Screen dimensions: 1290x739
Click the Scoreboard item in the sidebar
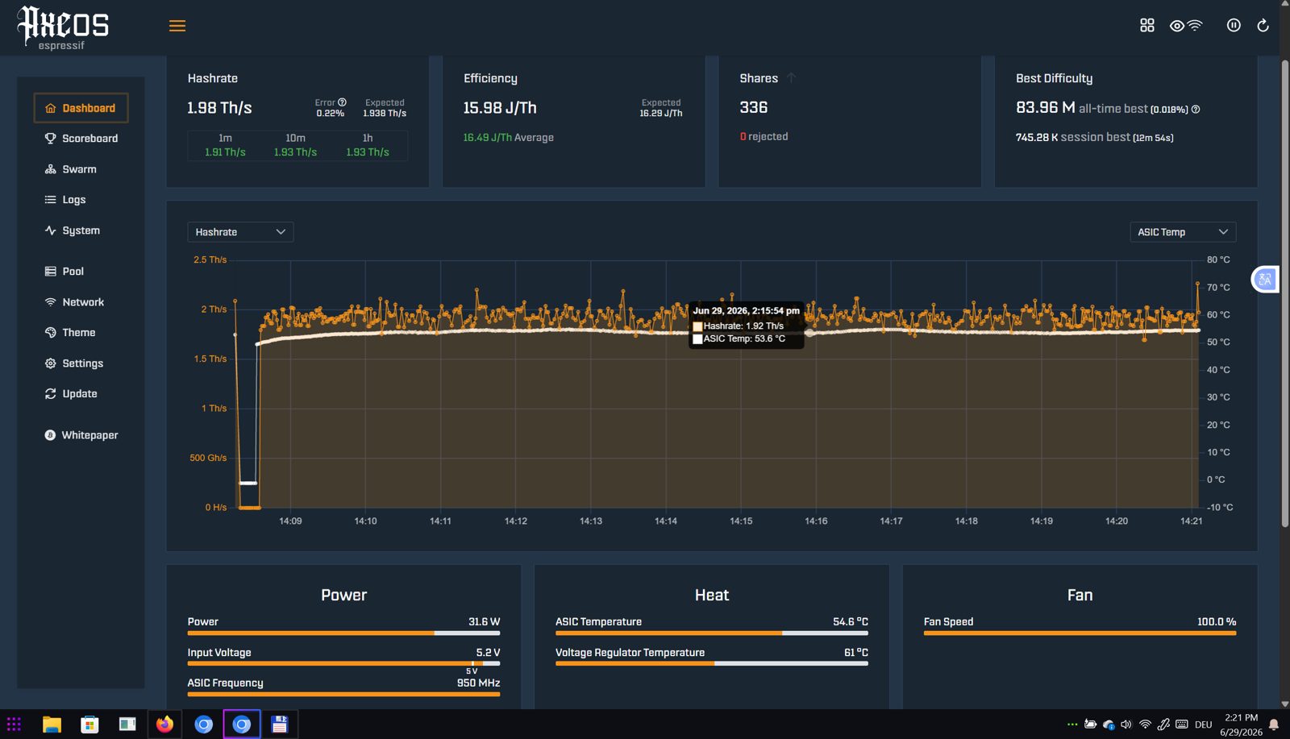[x=81, y=138]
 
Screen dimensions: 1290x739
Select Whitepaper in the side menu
[x=81, y=435]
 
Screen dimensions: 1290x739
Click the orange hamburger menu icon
[x=177, y=26]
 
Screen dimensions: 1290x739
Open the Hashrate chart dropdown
[x=240, y=232]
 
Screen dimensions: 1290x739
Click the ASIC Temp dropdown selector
[x=1183, y=232]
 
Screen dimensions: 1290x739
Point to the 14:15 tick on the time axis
[x=741, y=521]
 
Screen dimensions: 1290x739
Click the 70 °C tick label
[x=1218, y=287]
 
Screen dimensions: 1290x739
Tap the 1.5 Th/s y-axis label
[x=210, y=359]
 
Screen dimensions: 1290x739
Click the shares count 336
[x=753, y=108]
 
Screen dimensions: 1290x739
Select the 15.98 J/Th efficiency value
[x=500, y=108]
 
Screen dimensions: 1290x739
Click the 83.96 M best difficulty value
[x=1045, y=108]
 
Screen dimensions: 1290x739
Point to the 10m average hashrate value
[x=295, y=152]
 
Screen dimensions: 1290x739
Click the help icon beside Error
[x=342, y=102]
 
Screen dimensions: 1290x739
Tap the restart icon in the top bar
[x=1263, y=25]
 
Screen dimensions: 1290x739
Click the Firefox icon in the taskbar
[x=164, y=724]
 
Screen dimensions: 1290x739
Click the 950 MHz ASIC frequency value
[x=478, y=683]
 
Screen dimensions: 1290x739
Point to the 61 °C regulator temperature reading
[x=855, y=653]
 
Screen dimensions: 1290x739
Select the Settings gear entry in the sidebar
[x=73, y=363]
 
